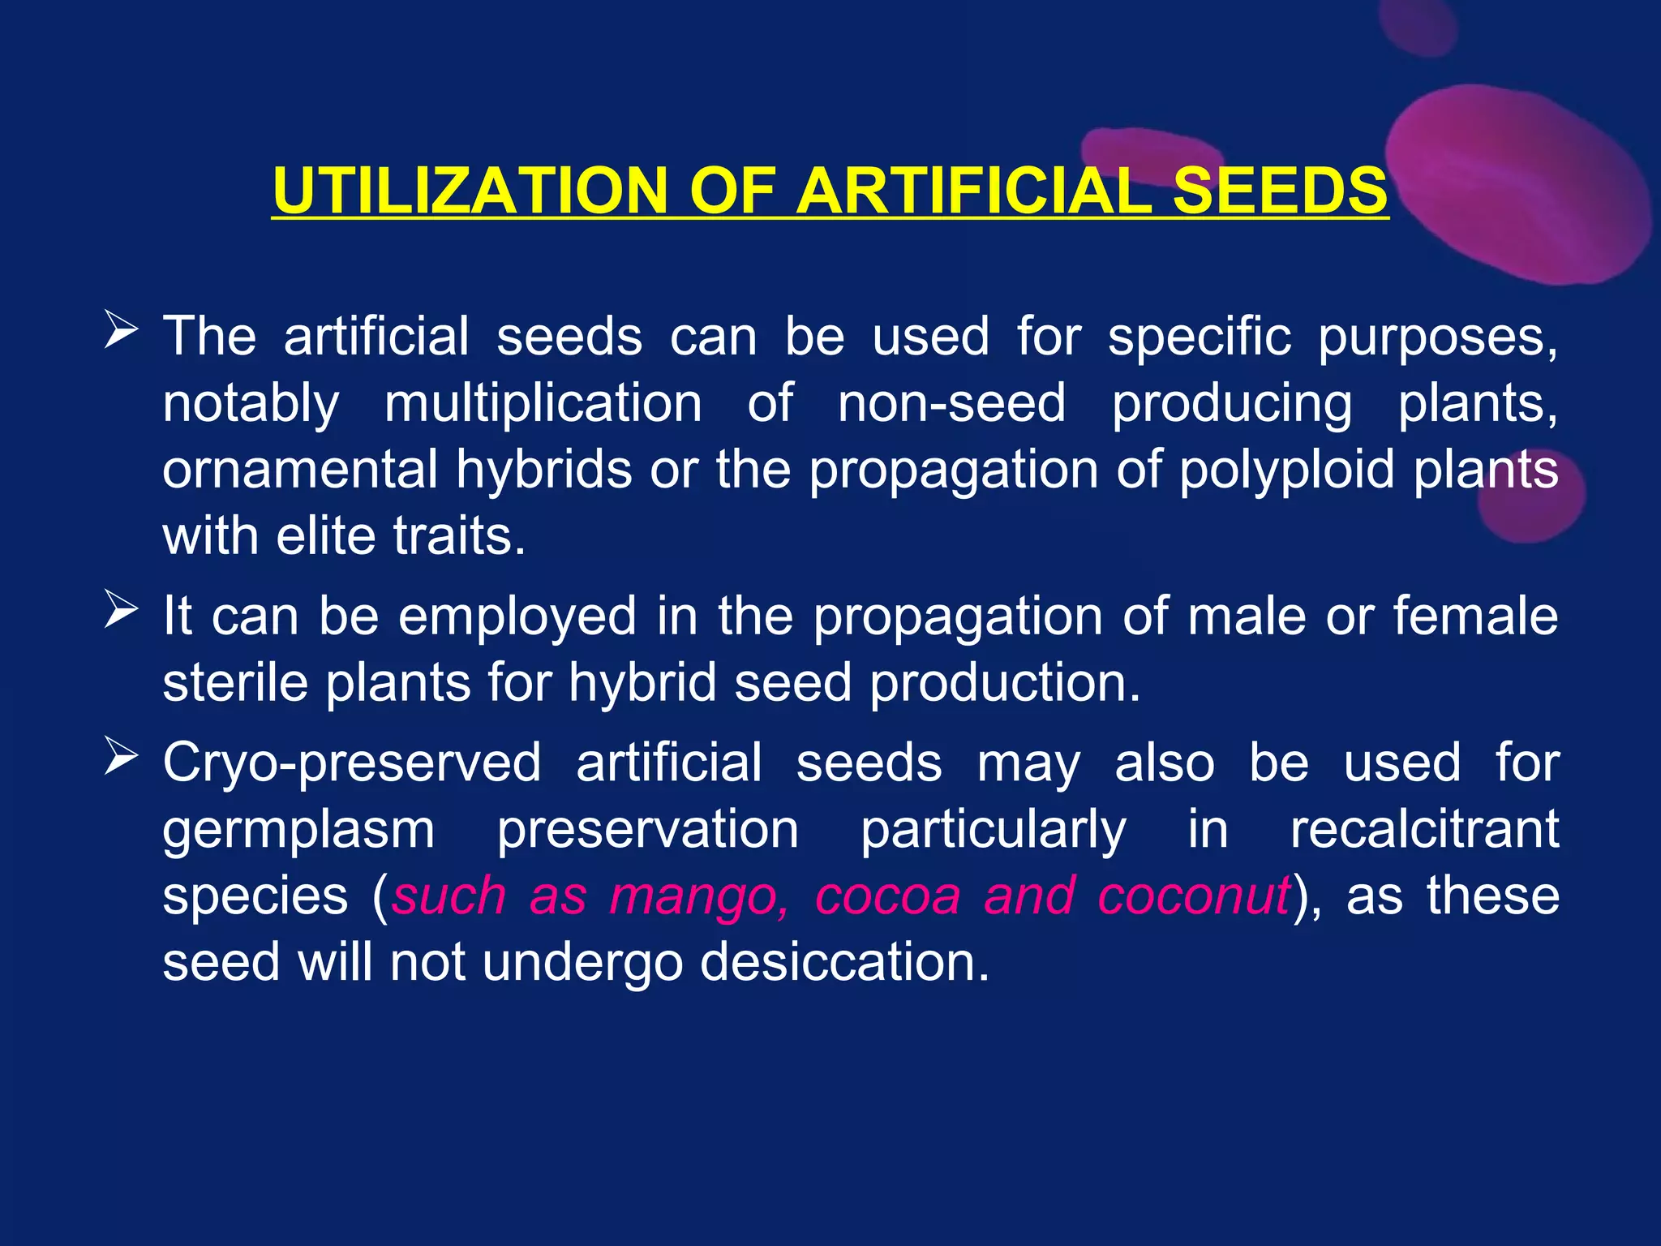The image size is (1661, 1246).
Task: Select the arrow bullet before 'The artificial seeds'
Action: click(x=121, y=332)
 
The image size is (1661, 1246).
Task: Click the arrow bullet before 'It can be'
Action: click(x=121, y=612)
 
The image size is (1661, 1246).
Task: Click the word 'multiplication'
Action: click(x=543, y=403)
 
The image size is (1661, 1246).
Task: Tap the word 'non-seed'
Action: click(x=951, y=403)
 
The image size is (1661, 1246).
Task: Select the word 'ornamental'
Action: click(x=299, y=469)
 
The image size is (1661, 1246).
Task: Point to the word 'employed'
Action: click(x=517, y=615)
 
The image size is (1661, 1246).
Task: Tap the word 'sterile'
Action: click(x=235, y=681)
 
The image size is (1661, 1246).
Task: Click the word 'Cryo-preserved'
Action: click(x=351, y=763)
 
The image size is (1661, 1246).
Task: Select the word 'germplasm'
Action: click(x=298, y=830)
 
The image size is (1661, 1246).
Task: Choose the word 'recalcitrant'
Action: click(x=1424, y=828)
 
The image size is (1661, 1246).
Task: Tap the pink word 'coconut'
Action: click(x=1193, y=896)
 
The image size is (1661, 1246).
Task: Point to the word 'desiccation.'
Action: click(x=844, y=962)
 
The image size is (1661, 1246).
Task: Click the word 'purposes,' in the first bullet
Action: click(x=1437, y=337)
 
